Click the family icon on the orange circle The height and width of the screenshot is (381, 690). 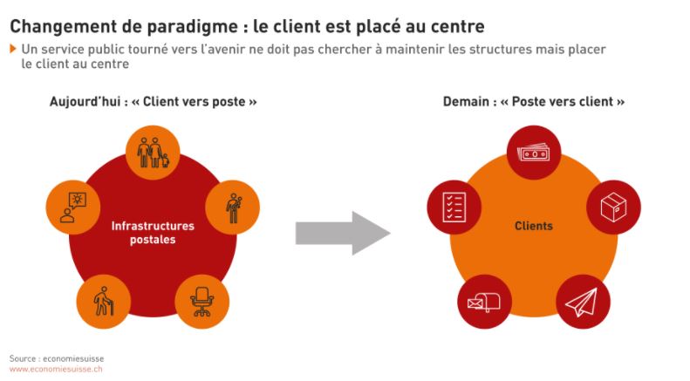coord(153,153)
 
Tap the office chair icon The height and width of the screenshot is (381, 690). coord(202,302)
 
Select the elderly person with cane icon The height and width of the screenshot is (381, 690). coord(104,302)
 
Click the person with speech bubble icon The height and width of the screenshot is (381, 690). coord(73,208)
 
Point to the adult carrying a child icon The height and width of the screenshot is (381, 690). coord(234,208)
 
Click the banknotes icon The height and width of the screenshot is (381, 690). coord(534,153)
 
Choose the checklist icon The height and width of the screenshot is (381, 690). coord(454,208)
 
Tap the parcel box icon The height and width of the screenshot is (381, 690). coord(614,208)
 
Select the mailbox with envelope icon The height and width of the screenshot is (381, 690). coord(484,303)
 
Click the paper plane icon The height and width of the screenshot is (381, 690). coord(582,303)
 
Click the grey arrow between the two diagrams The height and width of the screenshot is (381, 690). coord(343,233)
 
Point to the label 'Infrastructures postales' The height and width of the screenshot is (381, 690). coord(153,233)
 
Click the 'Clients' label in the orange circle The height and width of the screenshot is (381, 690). coord(534,226)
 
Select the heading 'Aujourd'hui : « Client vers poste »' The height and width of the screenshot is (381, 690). coord(154,102)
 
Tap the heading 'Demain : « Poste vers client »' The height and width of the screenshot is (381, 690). coord(534,102)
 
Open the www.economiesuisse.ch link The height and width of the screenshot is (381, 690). coord(56,369)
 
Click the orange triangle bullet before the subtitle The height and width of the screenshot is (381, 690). coord(13,49)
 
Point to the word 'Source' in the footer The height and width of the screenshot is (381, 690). coord(23,358)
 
